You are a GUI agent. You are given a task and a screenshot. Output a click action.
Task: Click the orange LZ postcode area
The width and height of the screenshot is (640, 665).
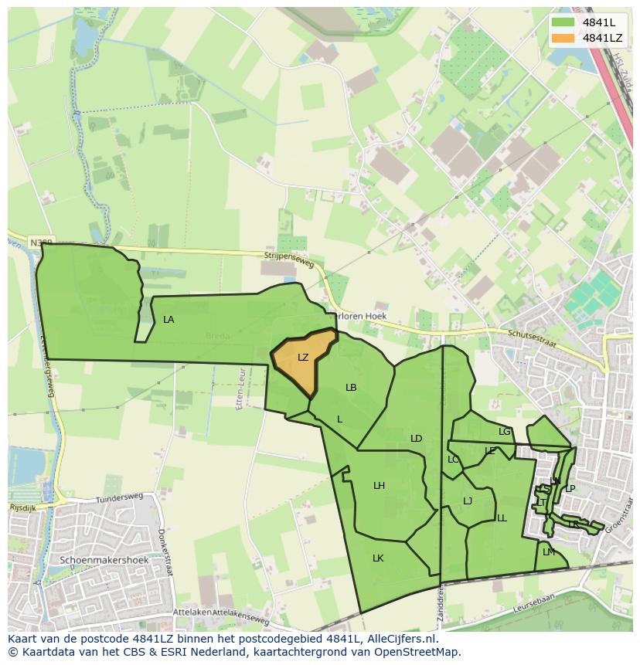tap(303, 360)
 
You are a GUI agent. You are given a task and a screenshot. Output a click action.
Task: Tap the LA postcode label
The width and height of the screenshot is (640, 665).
tap(169, 320)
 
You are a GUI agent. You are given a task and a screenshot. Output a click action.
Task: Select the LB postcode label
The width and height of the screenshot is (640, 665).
tap(351, 388)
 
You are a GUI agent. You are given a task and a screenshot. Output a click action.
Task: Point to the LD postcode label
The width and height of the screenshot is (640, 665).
tap(416, 439)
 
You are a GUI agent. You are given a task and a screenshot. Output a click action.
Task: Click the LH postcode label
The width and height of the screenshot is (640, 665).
tap(379, 486)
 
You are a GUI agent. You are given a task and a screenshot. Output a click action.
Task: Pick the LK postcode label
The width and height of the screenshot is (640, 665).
tap(378, 558)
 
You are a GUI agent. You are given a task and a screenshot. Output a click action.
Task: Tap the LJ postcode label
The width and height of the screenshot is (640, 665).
tap(468, 501)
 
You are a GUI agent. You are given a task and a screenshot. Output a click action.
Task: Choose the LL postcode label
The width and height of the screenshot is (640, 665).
tap(502, 518)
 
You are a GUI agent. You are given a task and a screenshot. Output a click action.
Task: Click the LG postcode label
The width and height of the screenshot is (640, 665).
tap(505, 432)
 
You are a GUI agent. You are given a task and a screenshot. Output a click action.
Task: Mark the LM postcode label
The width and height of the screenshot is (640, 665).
tap(549, 552)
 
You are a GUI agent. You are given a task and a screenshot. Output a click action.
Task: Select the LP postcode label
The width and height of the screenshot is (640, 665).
tap(570, 488)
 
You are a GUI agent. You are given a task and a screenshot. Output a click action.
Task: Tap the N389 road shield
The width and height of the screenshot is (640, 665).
tap(42, 243)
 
